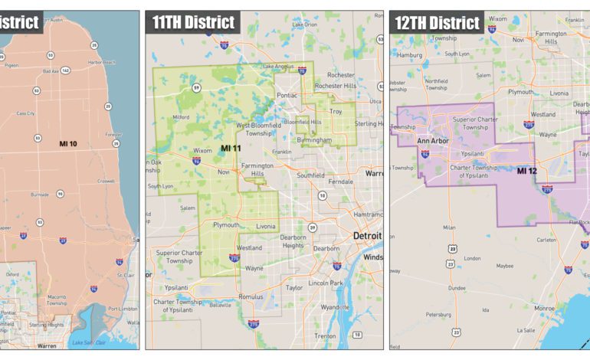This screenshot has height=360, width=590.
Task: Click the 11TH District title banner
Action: point(193,22)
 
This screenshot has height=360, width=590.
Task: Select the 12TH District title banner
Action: point(438,22)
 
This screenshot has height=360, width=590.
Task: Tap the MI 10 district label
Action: point(70,143)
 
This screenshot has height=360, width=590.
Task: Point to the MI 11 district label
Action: point(231,147)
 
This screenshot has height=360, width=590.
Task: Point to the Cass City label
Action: point(26,113)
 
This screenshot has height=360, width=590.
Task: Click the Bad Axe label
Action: point(51,70)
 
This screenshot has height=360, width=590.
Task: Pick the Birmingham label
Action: point(316,140)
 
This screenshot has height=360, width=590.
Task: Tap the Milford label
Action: point(181,117)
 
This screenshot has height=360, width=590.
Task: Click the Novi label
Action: point(224,172)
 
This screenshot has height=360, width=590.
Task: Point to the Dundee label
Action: point(457,288)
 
